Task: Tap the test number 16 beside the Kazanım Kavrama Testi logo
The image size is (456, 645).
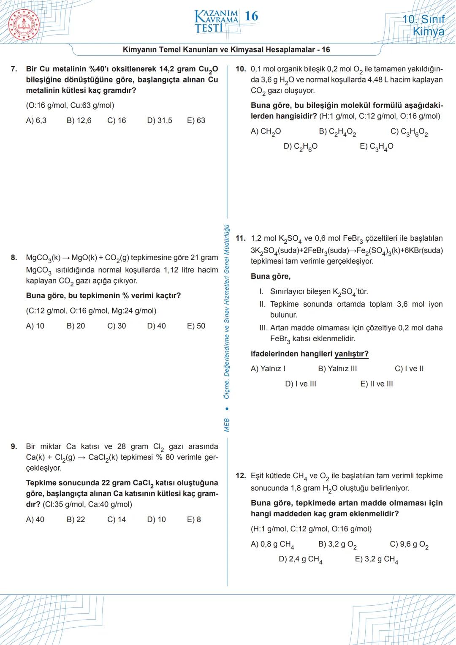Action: pos(251,16)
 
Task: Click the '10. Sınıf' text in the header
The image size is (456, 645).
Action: pos(423,19)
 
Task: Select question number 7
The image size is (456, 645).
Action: pos(14,69)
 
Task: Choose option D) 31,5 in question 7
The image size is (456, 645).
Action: pos(160,120)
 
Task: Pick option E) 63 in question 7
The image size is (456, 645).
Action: pos(196,120)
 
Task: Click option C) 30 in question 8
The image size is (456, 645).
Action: pos(117,326)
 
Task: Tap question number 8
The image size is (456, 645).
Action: pos(14,258)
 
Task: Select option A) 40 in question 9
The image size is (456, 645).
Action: pos(35,519)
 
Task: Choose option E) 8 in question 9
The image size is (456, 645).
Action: pos(194,519)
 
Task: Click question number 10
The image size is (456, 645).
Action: pos(241,69)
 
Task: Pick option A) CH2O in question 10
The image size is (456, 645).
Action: pos(266,132)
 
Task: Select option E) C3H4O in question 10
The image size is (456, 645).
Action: pos(376,147)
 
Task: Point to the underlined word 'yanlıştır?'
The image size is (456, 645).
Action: pos(351,354)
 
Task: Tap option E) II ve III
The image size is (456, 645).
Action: pos(376,384)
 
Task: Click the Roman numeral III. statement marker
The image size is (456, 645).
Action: pos(263,328)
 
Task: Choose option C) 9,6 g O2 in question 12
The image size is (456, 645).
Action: pos(409,544)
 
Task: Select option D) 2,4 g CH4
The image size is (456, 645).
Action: pos(301,559)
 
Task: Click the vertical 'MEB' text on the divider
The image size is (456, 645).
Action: pos(227,425)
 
